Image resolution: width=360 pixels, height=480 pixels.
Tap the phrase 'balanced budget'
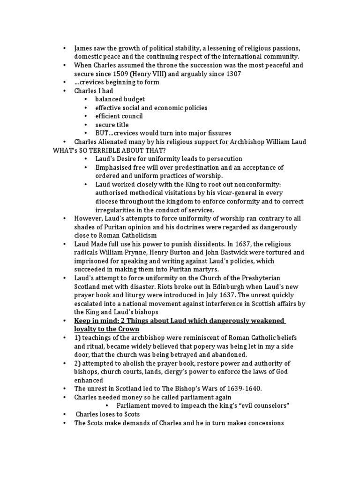(x=120, y=99)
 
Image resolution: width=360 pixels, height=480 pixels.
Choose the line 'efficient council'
(x=119, y=116)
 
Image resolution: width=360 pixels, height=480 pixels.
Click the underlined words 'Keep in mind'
(x=96, y=320)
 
